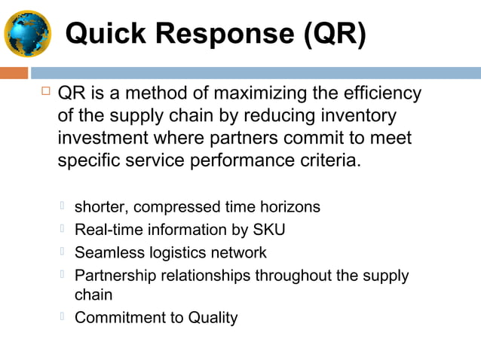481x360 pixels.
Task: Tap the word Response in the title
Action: pyautogui.click(x=219, y=34)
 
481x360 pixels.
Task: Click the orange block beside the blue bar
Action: pyautogui.click(x=14, y=73)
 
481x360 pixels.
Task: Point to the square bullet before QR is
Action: pyautogui.click(x=45, y=92)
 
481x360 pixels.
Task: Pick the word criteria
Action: pyautogui.click(x=323, y=162)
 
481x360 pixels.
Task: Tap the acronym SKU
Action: pyautogui.click(x=269, y=230)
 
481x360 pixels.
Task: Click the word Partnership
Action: pyautogui.click(x=116, y=275)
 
